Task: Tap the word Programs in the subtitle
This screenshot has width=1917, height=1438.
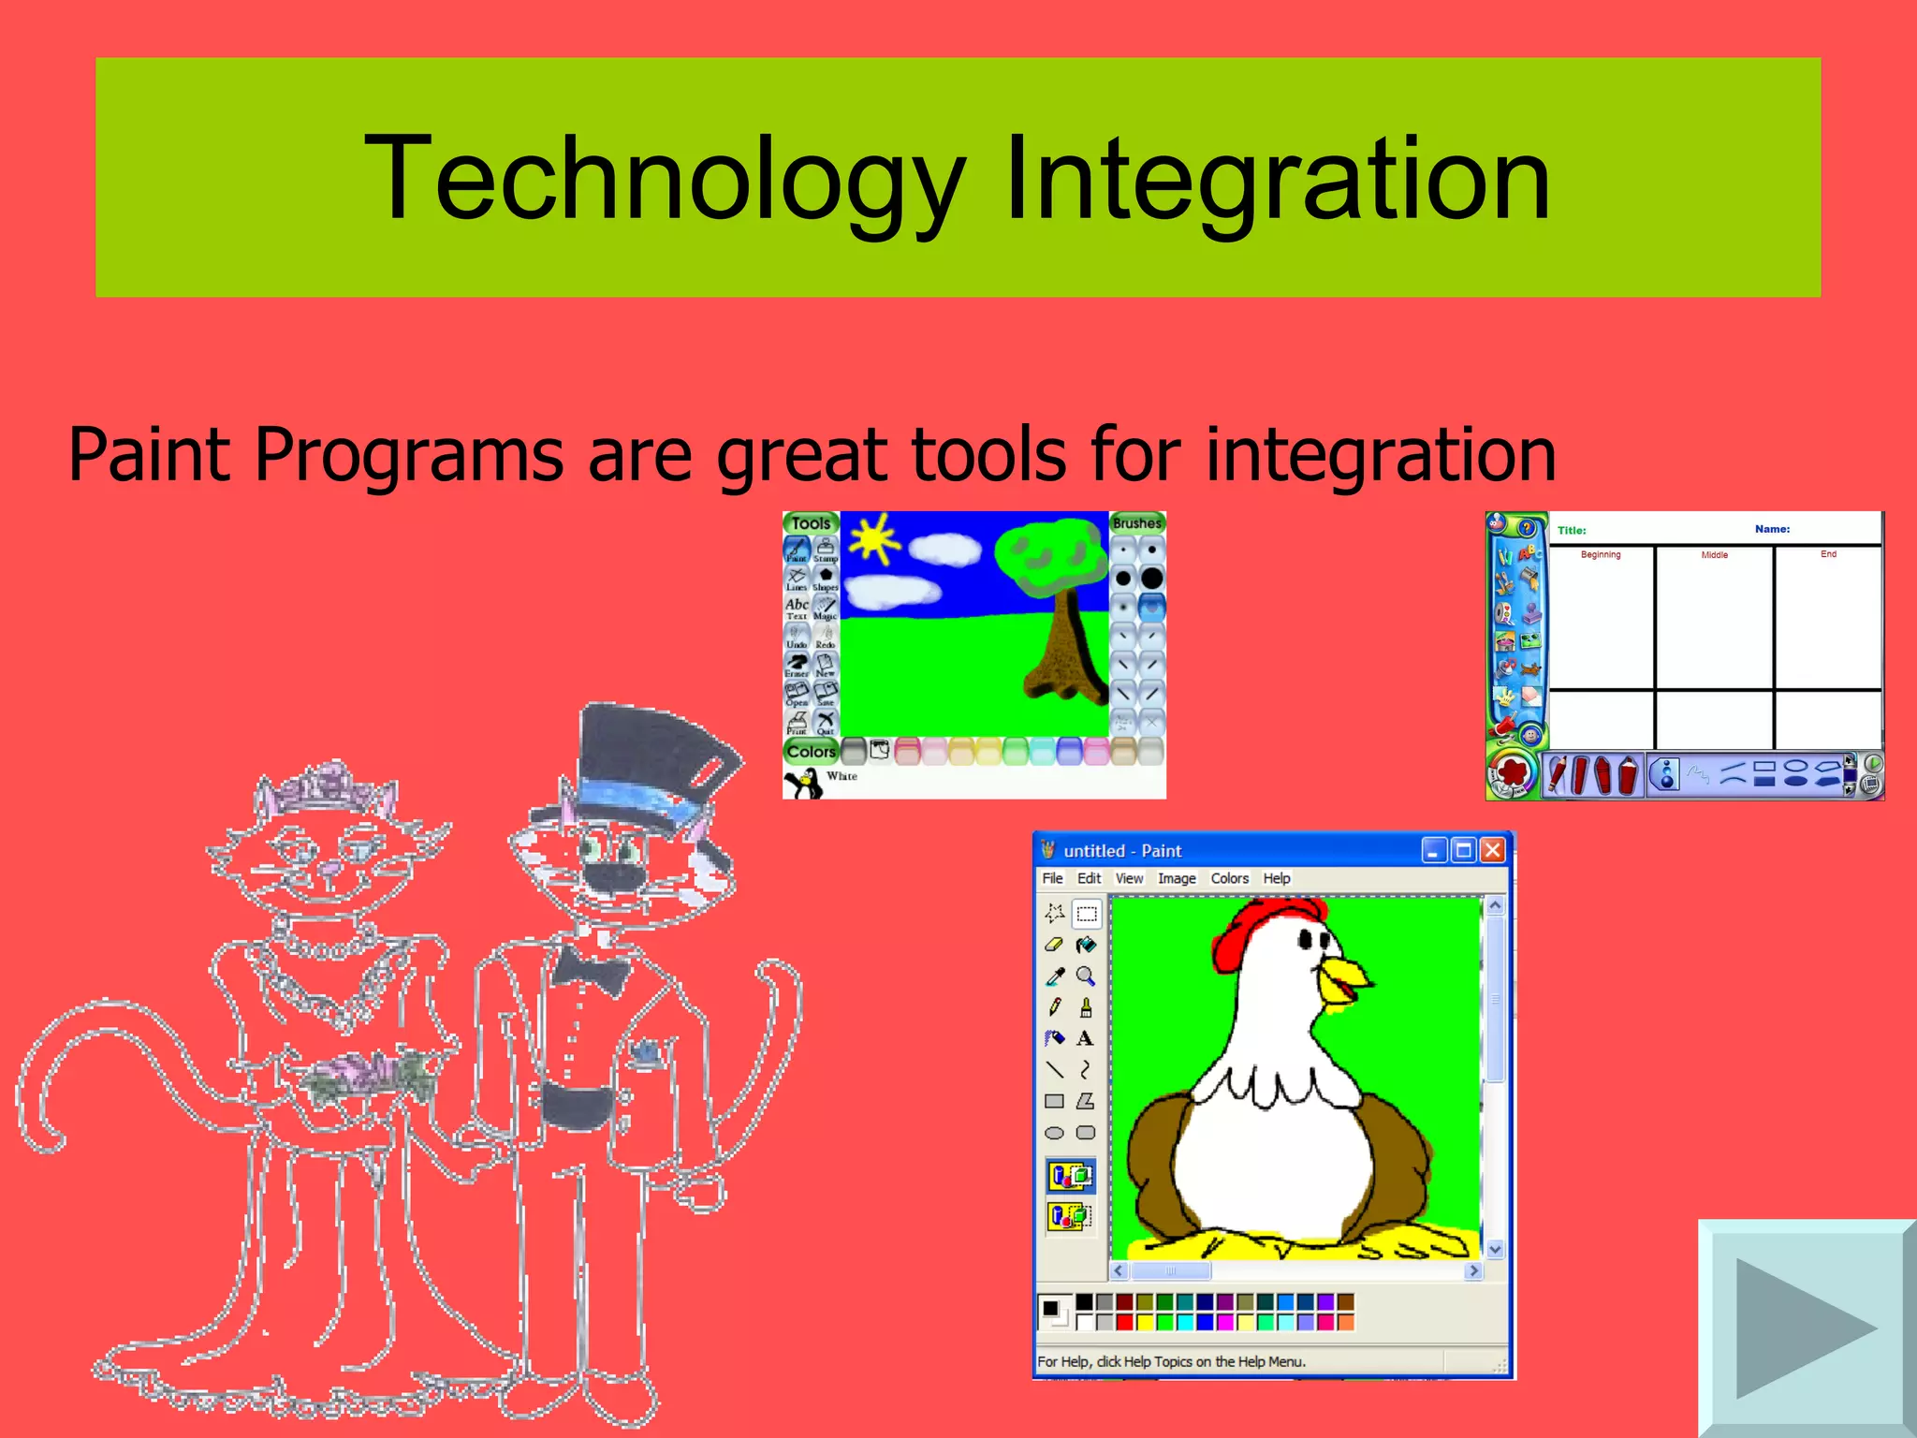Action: [408, 455]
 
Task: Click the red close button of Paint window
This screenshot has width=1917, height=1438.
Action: [1493, 850]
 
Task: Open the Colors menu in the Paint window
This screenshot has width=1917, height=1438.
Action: [1229, 878]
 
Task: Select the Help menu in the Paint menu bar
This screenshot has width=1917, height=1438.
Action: [1276, 878]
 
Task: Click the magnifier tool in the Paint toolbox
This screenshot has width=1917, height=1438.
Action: [1086, 976]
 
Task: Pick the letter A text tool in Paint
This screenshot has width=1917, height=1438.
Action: [1085, 1038]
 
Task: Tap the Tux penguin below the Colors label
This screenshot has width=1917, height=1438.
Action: [803, 783]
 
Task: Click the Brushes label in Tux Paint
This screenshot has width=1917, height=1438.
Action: [1136, 523]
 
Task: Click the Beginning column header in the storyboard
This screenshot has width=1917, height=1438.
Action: [1601, 554]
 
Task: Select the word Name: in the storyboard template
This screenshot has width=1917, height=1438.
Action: [1772, 529]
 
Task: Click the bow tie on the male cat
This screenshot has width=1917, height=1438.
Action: [590, 969]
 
